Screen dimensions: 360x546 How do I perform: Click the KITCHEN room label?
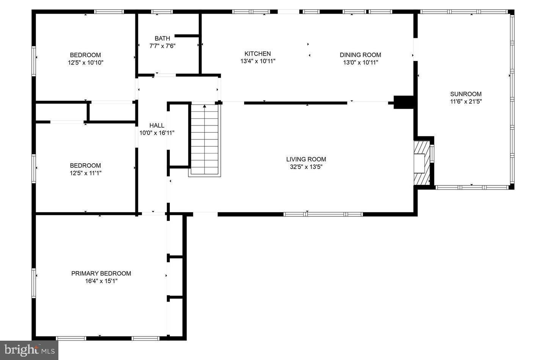(x=257, y=54)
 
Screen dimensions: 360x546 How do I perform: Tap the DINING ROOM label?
(x=360, y=55)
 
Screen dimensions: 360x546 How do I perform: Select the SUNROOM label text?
(x=466, y=94)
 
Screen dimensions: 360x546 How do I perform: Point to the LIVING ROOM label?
(x=306, y=159)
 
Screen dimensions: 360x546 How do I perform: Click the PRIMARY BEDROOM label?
(x=101, y=273)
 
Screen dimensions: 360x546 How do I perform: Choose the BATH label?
(x=162, y=38)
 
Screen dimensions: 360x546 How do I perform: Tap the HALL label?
(x=157, y=125)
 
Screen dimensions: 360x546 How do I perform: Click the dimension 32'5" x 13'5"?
(x=306, y=167)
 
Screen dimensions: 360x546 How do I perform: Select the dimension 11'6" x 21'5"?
(x=466, y=102)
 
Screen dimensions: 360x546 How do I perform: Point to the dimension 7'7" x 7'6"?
(x=162, y=46)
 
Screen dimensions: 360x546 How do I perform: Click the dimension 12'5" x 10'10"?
(x=85, y=63)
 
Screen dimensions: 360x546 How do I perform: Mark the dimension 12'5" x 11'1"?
(x=85, y=173)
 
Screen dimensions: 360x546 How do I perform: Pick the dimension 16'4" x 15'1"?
(x=101, y=281)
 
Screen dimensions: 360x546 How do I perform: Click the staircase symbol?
(x=205, y=140)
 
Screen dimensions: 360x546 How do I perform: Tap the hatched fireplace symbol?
(x=421, y=163)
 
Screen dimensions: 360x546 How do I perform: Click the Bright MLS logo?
(x=29, y=350)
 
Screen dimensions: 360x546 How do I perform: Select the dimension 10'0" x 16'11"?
(x=157, y=133)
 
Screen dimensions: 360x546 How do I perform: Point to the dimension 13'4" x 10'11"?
(x=257, y=61)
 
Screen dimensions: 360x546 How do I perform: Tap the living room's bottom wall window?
(x=323, y=214)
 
